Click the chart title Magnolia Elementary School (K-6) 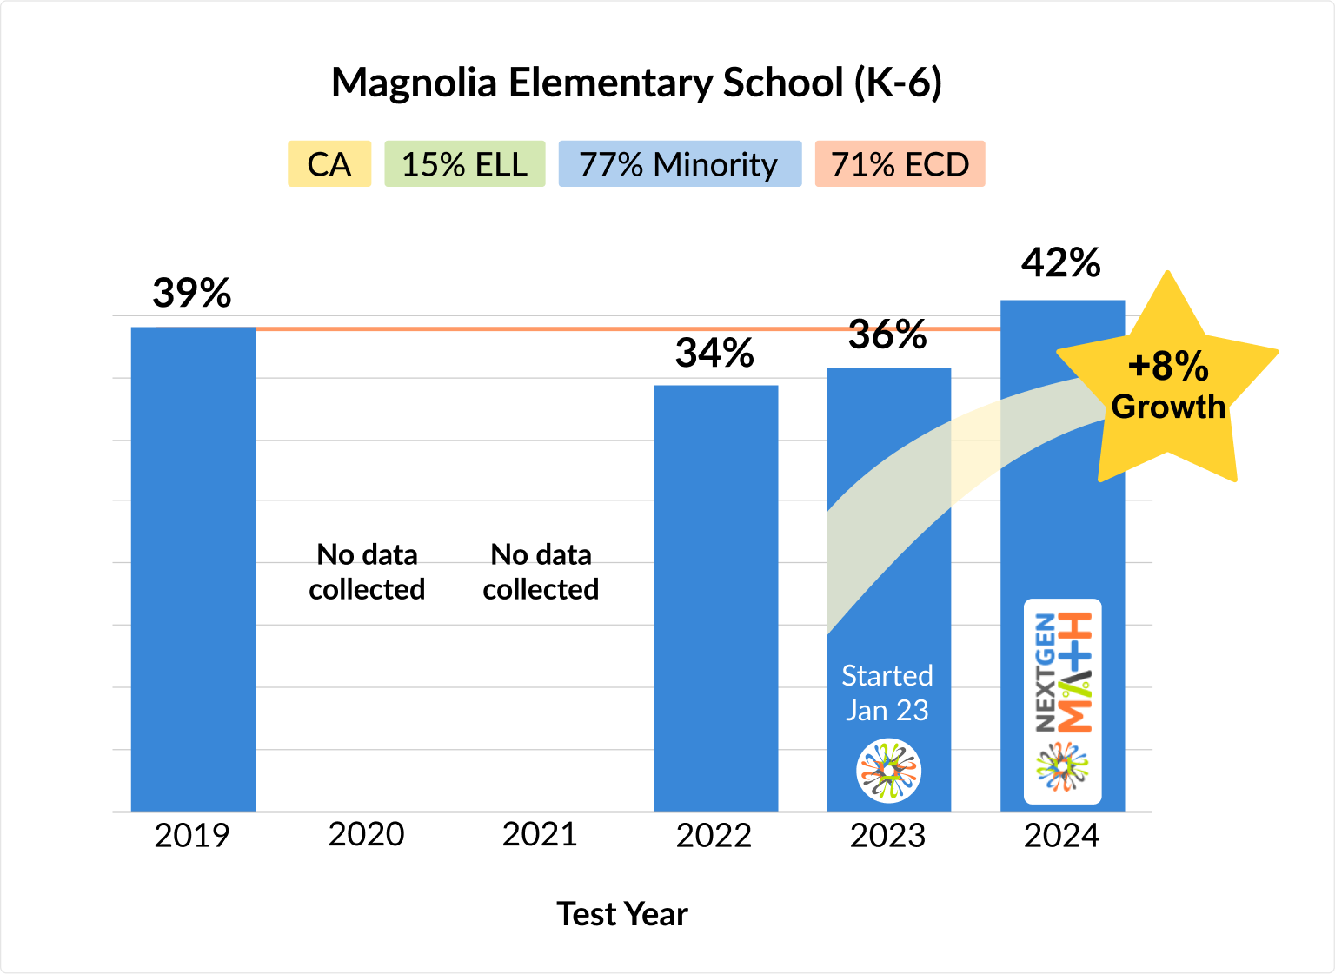636,83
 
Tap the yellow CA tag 329,164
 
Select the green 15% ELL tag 464,164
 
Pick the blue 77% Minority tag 679,164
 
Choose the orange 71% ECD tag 900,164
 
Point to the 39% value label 192,294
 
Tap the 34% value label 714,354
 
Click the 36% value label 887,335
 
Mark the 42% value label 1061,263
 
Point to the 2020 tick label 367,834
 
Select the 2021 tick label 540,834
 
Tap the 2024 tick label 1061,836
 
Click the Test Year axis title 622,914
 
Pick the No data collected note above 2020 367,572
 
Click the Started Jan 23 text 887,692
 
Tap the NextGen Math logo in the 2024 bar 1062,701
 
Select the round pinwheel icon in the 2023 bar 888,771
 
